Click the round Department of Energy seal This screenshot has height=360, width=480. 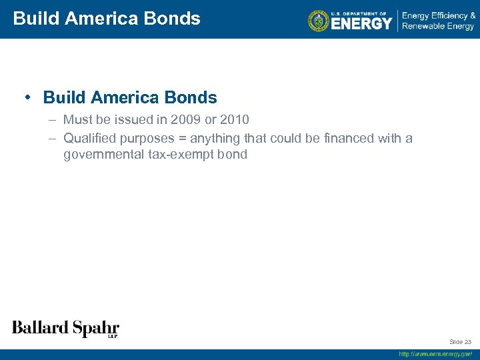[319, 21]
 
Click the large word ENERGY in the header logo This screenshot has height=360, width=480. [361, 23]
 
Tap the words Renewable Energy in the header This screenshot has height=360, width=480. [438, 26]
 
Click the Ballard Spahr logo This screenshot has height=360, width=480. [65, 328]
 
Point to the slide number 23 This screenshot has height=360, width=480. [467, 342]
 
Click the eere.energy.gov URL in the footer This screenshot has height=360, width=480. [435, 354]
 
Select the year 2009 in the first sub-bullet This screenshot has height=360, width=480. [183, 120]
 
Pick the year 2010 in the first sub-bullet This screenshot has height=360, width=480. [234, 120]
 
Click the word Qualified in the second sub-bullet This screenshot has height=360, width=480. [89, 138]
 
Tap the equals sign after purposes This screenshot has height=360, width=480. [183, 138]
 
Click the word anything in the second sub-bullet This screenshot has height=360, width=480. [215, 138]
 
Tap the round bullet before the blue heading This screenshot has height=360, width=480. [27, 97]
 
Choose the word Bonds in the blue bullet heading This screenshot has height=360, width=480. [193, 97]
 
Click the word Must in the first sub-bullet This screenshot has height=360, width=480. [77, 120]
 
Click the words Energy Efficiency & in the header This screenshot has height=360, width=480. [438, 15]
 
